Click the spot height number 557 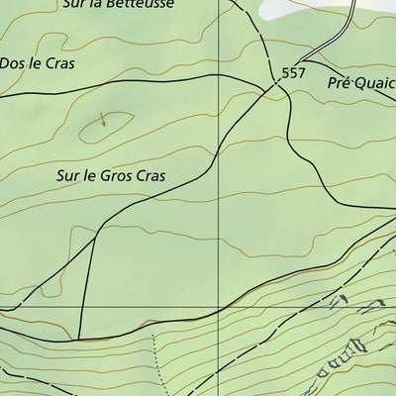pos(293,73)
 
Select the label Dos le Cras pos(37,62)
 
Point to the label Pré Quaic pos(361,84)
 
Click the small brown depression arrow pos(103,122)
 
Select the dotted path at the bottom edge pos(155,366)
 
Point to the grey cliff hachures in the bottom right pos(351,346)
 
